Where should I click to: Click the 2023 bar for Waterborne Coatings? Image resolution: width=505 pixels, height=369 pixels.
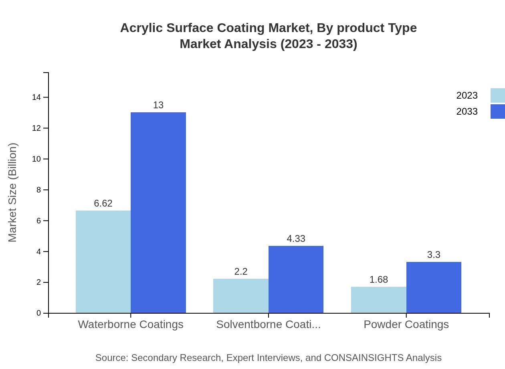(103, 262)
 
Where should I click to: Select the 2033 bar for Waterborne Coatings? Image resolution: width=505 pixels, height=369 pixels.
(158, 213)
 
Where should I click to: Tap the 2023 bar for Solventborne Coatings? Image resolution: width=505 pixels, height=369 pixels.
(241, 296)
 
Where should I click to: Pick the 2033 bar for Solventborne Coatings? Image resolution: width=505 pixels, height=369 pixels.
(296, 279)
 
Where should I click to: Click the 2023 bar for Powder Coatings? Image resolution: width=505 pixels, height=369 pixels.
(379, 300)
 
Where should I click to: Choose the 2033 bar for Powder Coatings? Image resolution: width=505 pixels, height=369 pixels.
(434, 287)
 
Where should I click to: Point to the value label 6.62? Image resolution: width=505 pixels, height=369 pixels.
(103, 203)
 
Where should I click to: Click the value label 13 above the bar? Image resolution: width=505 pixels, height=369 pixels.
(158, 105)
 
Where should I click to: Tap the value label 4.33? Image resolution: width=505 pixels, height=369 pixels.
(296, 239)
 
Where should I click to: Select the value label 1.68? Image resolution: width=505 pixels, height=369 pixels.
(379, 280)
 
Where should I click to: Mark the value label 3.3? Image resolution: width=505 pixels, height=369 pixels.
(434, 255)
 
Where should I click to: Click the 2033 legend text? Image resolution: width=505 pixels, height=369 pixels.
(467, 112)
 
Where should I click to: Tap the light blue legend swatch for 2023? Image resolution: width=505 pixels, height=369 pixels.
(497, 95)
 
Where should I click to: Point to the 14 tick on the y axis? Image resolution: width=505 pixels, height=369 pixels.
(36, 97)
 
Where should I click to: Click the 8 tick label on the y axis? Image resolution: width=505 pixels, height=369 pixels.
(39, 190)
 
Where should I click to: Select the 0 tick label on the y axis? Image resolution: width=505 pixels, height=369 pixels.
(39, 313)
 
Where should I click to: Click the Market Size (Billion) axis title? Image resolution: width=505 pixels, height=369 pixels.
(12, 193)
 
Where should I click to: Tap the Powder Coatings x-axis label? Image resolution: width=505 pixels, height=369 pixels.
(406, 324)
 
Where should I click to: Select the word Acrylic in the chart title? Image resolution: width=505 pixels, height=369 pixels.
(141, 28)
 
